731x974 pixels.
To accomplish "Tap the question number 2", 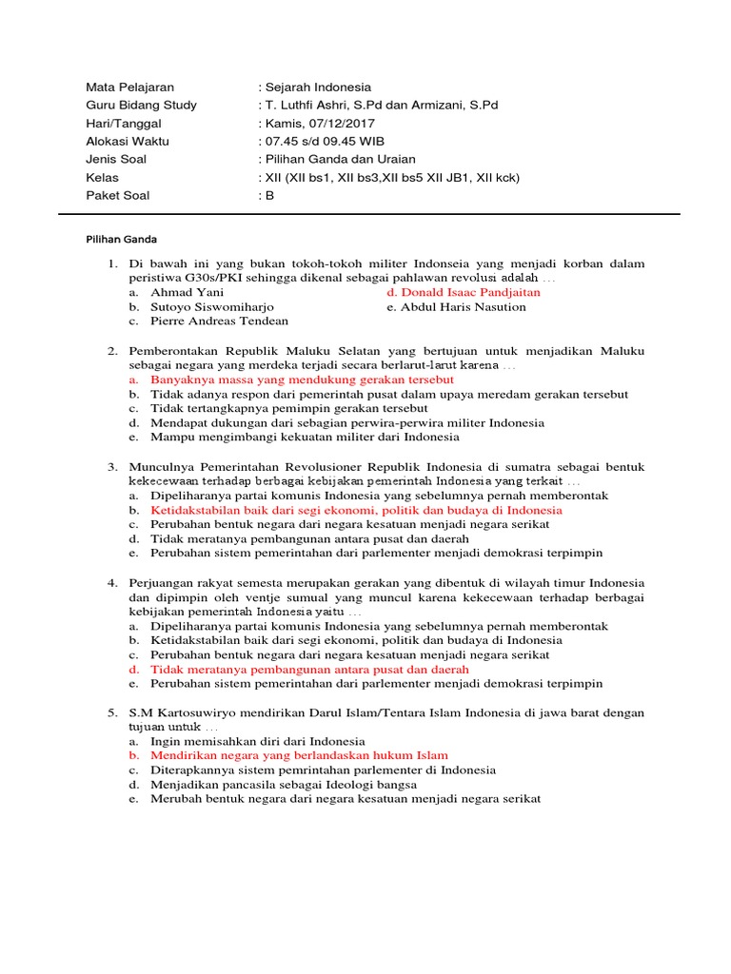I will click(x=111, y=351).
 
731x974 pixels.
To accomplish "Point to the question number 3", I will click(x=111, y=467).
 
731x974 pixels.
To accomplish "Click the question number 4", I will click(x=111, y=583).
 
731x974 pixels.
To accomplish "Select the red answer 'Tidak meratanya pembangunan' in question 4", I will click(x=297, y=670).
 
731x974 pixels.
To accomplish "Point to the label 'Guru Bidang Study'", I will click(x=141, y=106).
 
